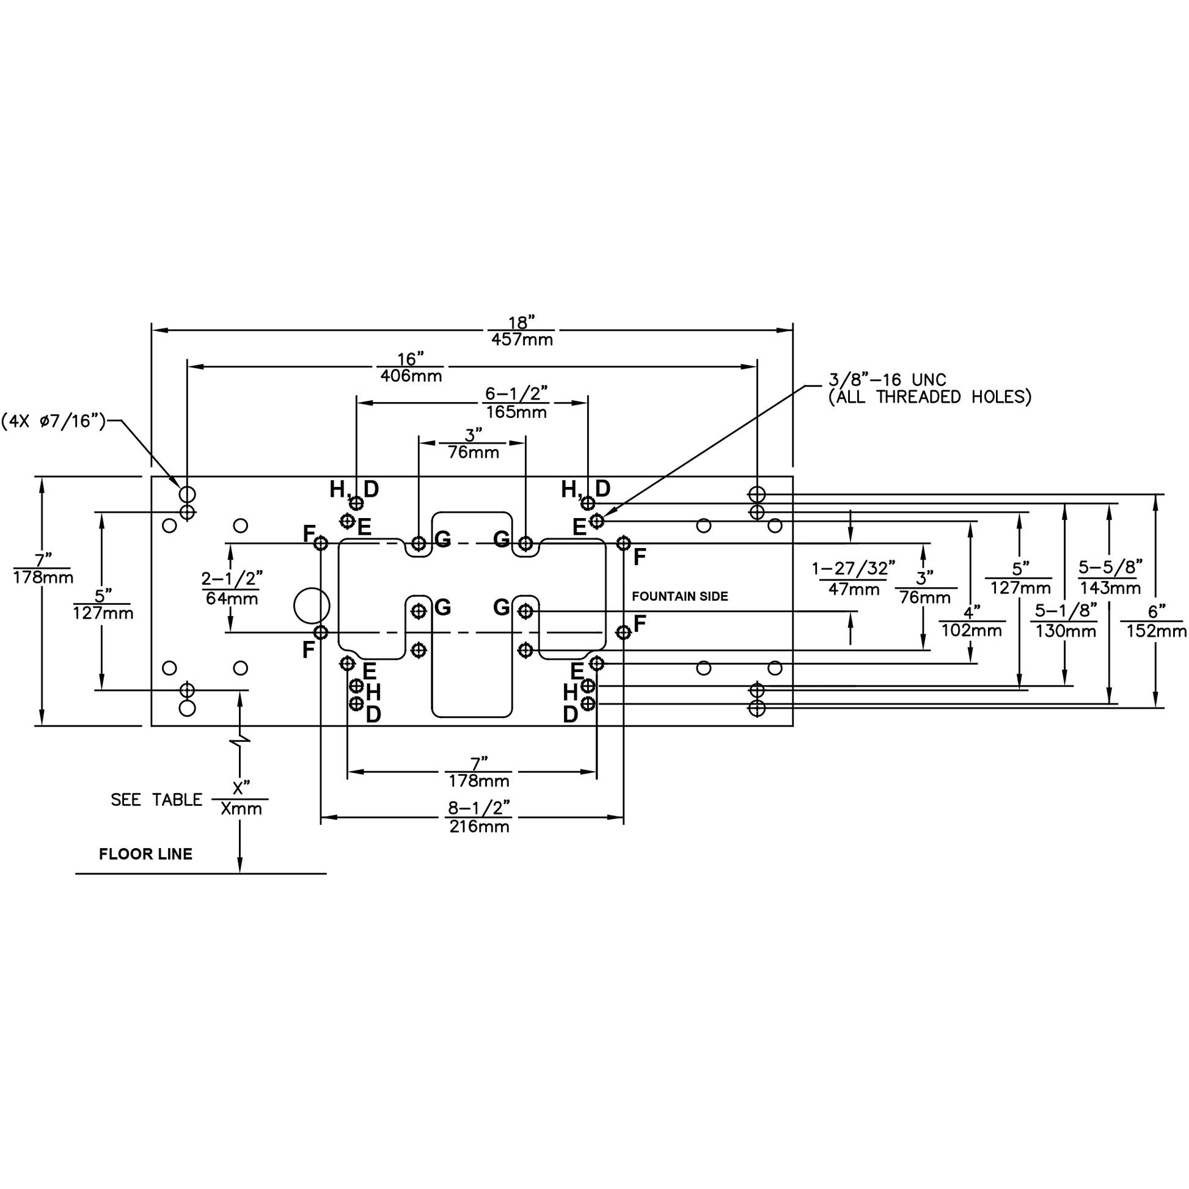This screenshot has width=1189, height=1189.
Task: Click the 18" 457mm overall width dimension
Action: tap(522, 331)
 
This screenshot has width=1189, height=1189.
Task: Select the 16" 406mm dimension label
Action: tap(411, 367)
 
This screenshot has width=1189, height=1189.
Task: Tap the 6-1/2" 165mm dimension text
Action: tap(516, 403)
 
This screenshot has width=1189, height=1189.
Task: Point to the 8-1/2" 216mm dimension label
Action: tap(479, 817)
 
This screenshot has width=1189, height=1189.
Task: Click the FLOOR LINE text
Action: tap(146, 854)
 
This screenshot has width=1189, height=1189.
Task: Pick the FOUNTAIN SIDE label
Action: tap(680, 596)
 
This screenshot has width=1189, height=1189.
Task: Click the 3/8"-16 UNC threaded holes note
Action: tap(929, 389)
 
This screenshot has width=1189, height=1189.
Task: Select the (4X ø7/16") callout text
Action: tap(54, 422)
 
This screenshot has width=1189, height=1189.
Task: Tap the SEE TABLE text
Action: tap(156, 800)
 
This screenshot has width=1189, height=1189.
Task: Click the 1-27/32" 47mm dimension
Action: tap(853, 579)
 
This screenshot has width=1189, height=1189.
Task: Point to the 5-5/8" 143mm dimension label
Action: tap(1110, 577)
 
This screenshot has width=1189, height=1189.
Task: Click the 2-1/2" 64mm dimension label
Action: tap(232, 588)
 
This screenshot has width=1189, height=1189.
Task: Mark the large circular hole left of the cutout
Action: tap(312, 605)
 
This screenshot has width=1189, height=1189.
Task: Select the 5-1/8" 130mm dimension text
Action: tap(1066, 621)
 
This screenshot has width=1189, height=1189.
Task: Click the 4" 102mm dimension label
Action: tap(971, 621)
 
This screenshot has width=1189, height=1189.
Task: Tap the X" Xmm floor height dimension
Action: tap(241, 799)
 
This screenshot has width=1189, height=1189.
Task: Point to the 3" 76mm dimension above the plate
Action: tap(474, 444)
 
